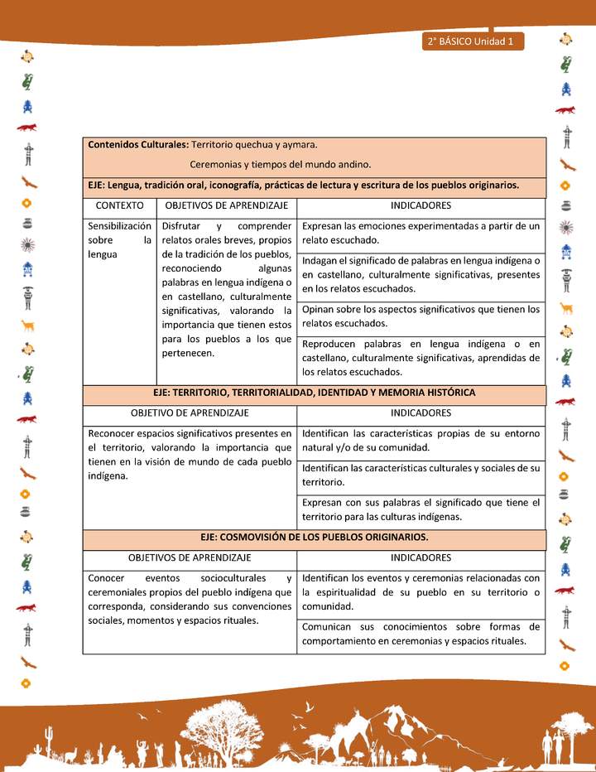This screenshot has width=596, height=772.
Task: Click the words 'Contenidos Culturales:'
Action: (x=137, y=145)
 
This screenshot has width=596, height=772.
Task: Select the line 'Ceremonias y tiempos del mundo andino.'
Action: (x=280, y=165)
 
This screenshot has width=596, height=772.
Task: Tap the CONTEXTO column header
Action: (x=120, y=205)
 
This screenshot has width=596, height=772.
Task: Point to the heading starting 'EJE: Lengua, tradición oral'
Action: (x=303, y=186)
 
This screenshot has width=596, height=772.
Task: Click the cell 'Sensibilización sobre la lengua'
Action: (x=120, y=240)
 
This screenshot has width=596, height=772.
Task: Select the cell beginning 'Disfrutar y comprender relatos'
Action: (x=227, y=289)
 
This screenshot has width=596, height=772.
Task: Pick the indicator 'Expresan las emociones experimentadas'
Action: (x=421, y=233)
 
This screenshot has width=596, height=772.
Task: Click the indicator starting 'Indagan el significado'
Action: (x=421, y=274)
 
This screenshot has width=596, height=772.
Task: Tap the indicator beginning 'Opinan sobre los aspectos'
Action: (x=421, y=316)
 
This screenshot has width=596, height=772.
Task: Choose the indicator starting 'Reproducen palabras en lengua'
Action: (x=421, y=357)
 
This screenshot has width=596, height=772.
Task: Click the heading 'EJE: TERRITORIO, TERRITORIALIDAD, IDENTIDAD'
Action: (x=315, y=393)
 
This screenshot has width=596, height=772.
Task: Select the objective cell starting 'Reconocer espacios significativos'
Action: (x=190, y=454)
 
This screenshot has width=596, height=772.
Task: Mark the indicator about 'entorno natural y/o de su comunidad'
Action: (x=421, y=440)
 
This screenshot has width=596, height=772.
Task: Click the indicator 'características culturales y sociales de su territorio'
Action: (x=421, y=475)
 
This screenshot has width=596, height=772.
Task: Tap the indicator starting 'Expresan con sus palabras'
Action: (x=421, y=509)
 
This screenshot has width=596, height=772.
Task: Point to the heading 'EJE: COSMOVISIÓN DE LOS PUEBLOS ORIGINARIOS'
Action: (x=315, y=538)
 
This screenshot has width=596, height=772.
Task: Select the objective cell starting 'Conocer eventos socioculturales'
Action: (x=190, y=599)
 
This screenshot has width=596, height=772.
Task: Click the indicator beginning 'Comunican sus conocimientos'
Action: (x=421, y=634)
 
